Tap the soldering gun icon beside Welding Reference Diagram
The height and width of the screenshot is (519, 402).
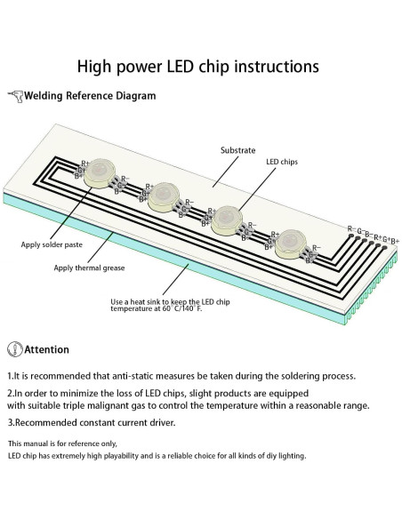(15, 96)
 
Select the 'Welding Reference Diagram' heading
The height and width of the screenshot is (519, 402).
(83, 96)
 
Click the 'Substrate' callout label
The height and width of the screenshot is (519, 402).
(237, 151)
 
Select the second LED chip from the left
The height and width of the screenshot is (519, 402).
(165, 196)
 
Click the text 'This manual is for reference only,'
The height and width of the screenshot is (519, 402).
(62, 443)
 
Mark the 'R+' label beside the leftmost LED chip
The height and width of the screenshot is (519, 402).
(85, 164)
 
